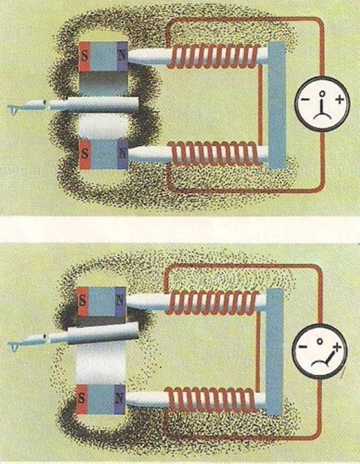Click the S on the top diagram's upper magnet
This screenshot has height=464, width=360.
[x=84, y=56]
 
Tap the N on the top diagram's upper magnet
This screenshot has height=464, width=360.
[x=121, y=56]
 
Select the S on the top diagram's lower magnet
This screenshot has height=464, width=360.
[x=85, y=154]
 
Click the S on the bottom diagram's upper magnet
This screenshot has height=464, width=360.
[x=82, y=301]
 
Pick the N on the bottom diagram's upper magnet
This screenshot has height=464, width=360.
[x=120, y=300]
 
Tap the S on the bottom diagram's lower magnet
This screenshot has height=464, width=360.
[x=81, y=399]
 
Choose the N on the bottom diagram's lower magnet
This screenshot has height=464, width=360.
[x=119, y=399]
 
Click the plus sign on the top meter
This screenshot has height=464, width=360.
[x=340, y=99]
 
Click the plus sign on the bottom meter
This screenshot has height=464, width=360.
[x=336, y=346]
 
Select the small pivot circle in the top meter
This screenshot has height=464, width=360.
[x=323, y=94]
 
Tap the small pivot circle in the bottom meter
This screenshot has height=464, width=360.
[x=319, y=341]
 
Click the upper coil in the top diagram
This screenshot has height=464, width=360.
[x=214, y=56]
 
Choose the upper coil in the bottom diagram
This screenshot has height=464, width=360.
[x=212, y=302]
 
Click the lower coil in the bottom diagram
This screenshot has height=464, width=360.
[x=211, y=399]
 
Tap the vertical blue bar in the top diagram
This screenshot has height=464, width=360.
[x=277, y=106]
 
